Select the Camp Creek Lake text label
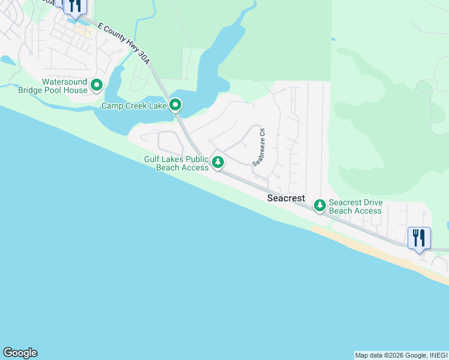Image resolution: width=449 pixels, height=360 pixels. [133, 106]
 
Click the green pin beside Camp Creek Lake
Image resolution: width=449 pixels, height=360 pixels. [175, 106]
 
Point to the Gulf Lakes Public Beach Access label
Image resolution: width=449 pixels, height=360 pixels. [176, 163]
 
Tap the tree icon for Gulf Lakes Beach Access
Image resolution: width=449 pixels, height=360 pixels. [218, 162]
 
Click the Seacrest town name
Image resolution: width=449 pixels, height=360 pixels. [286, 198]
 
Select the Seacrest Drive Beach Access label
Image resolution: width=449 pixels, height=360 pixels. [355, 207]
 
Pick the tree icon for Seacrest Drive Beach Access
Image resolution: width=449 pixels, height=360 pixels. [320, 206]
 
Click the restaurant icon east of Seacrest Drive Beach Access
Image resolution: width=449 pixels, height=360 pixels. [419, 238]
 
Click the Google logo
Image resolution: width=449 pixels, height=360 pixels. [20, 353]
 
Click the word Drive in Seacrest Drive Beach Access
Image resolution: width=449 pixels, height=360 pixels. [372, 203]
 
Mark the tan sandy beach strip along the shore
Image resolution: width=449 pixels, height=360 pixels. [384, 252]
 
